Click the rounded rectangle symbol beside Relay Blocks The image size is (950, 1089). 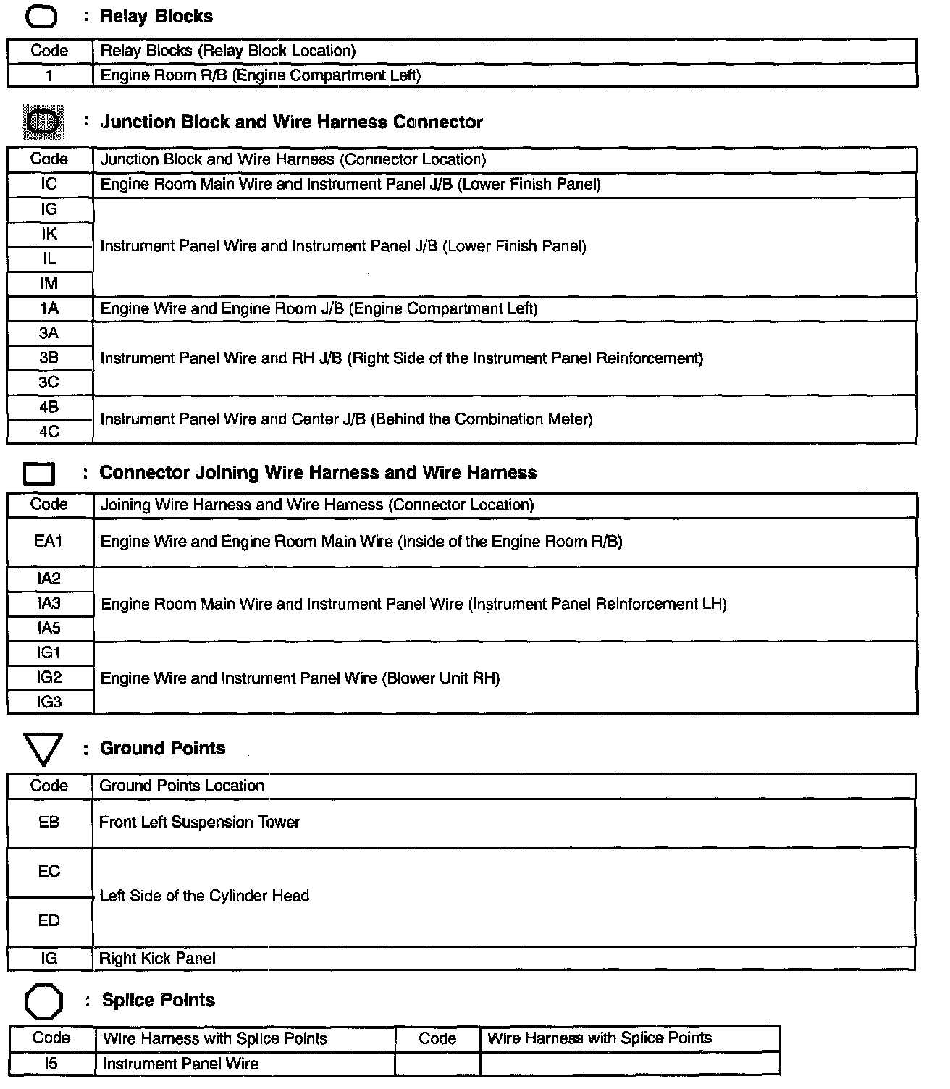tap(41, 16)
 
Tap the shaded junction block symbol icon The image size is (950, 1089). tap(44, 122)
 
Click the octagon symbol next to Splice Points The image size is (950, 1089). tap(44, 1001)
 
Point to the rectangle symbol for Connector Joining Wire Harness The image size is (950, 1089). tap(39, 474)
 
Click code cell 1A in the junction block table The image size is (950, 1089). tap(49, 308)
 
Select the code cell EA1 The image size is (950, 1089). tap(49, 542)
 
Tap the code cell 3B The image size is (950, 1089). tap(49, 358)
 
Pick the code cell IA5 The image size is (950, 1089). tap(49, 628)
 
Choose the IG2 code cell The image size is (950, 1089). tap(49, 678)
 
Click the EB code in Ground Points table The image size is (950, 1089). tap(49, 823)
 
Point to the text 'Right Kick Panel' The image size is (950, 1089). tap(157, 959)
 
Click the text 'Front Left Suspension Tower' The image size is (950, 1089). tap(199, 823)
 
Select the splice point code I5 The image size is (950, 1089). tap(51, 1064)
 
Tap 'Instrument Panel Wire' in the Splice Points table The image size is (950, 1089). tap(180, 1064)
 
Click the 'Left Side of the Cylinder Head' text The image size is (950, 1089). tap(204, 896)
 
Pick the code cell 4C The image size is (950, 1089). tap(49, 432)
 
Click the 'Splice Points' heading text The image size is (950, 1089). tap(159, 1001)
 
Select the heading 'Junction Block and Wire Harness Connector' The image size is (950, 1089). tap(291, 122)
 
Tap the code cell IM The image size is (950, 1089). tap(49, 284)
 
